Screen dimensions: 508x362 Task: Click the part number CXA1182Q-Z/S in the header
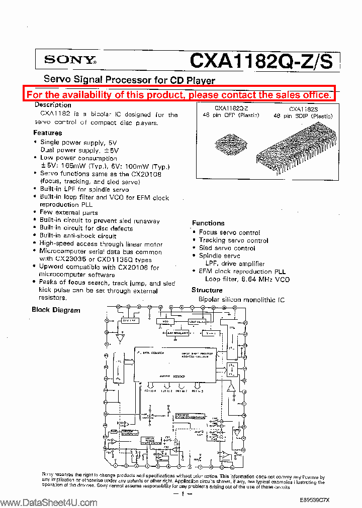coord(261,60)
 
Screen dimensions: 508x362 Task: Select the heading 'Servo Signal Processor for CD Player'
coord(129,80)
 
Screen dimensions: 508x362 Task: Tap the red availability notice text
coord(179,94)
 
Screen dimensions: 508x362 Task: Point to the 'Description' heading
coord(53,105)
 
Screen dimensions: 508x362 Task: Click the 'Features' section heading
coord(48,133)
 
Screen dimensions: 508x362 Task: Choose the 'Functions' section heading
coord(208,223)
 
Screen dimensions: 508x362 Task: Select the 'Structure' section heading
coord(207,290)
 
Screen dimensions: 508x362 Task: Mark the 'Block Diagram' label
coord(56,310)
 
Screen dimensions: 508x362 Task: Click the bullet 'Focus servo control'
coord(229,232)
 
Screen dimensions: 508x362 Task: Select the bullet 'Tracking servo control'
coord(233,240)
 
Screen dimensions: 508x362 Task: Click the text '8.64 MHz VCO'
coord(268,279)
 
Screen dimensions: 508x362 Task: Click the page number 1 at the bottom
coord(183,494)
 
